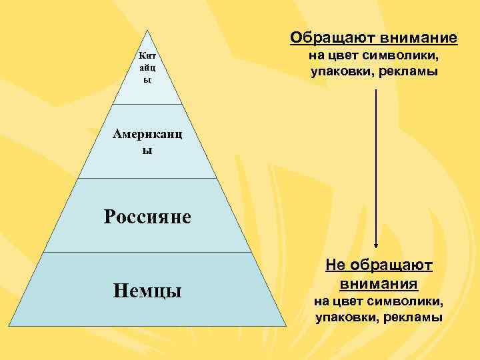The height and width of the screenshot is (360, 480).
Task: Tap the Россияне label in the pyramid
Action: [x=147, y=216]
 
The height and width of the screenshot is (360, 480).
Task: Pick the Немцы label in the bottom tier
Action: [x=147, y=291]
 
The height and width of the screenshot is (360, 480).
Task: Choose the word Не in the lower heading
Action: [x=335, y=266]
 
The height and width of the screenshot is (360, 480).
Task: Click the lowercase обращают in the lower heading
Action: [x=390, y=266]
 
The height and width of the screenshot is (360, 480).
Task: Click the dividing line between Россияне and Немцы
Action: [x=147, y=253]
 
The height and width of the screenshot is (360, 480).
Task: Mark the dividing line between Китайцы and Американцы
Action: [x=147, y=105]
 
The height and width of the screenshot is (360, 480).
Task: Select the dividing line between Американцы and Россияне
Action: [x=147, y=179]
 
